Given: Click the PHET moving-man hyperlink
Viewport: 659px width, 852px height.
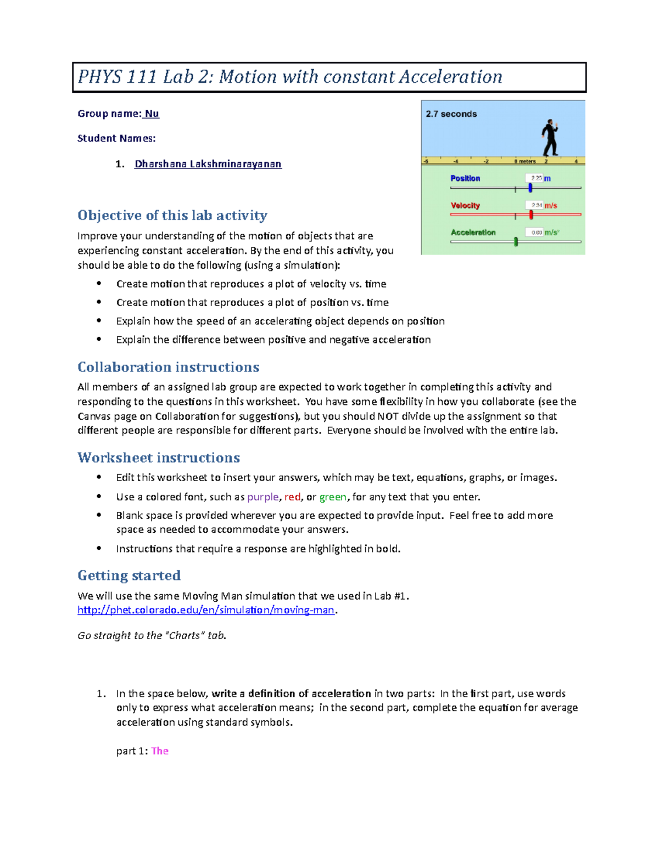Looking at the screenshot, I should click(x=206, y=610).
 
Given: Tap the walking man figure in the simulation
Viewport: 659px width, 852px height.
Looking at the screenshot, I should click(x=550, y=138).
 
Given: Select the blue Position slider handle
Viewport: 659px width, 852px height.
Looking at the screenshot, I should click(x=530, y=188).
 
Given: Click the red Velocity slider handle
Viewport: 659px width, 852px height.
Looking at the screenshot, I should click(x=531, y=215).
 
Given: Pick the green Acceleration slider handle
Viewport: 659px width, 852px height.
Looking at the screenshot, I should click(x=516, y=241).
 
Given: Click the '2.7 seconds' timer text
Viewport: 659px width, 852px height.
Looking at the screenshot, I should click(x=451, y=114).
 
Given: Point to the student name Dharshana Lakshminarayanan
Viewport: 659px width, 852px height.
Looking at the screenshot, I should click(x=208, y=164).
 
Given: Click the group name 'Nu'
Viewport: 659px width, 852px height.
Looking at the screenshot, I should click(x=152, y=114).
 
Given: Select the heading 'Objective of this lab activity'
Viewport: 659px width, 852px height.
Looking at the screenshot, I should click(x=172, y=215).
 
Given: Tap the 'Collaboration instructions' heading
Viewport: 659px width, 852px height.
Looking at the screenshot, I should click(x=168, y=367).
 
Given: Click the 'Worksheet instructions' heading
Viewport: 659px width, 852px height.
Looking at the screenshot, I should click(x=159, y=458).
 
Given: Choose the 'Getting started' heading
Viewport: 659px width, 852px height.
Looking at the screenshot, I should click(x=129, y=575).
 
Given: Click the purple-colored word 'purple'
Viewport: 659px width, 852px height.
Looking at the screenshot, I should click(x=263, y=497).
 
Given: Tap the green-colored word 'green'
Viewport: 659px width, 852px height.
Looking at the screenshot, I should click(x=333, y=497).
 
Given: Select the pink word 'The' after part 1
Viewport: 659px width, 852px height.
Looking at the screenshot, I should click(x=160, y=751).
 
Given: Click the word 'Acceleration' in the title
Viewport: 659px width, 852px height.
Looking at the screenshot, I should click(x=450, y=77).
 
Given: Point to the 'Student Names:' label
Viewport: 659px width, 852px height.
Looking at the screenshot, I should click(x=116, y=138).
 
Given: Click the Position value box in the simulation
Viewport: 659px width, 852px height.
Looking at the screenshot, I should click(x=534, y=178).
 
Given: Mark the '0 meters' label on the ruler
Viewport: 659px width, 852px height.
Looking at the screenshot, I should click(x=525, y=161).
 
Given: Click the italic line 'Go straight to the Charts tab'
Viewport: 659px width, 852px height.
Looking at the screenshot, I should click(x=152, y=635).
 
